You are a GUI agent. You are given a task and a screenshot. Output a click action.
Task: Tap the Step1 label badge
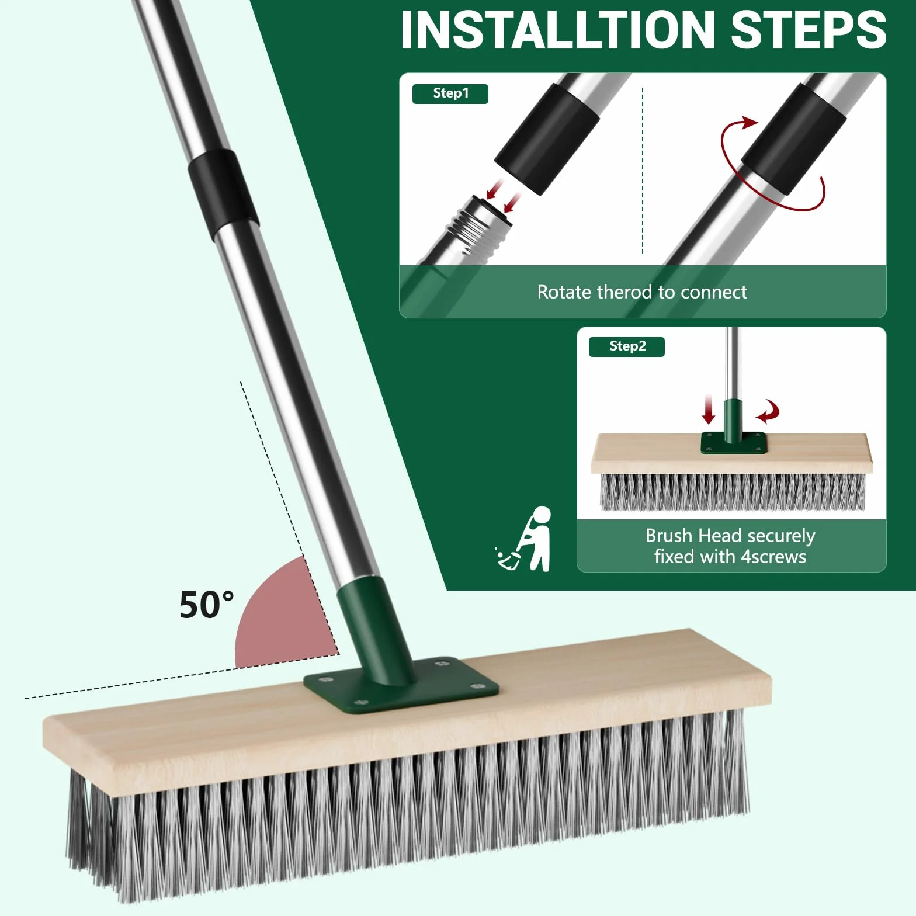450,93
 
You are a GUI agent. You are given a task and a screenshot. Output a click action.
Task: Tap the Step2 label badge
627,346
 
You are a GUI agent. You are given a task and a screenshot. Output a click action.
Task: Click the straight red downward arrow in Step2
709,409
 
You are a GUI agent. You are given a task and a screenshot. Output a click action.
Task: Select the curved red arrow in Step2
768,411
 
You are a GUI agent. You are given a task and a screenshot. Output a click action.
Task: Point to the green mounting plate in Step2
734,443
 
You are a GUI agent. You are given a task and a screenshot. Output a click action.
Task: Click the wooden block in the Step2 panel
732,453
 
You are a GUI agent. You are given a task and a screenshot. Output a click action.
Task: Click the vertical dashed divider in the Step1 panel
643,171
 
